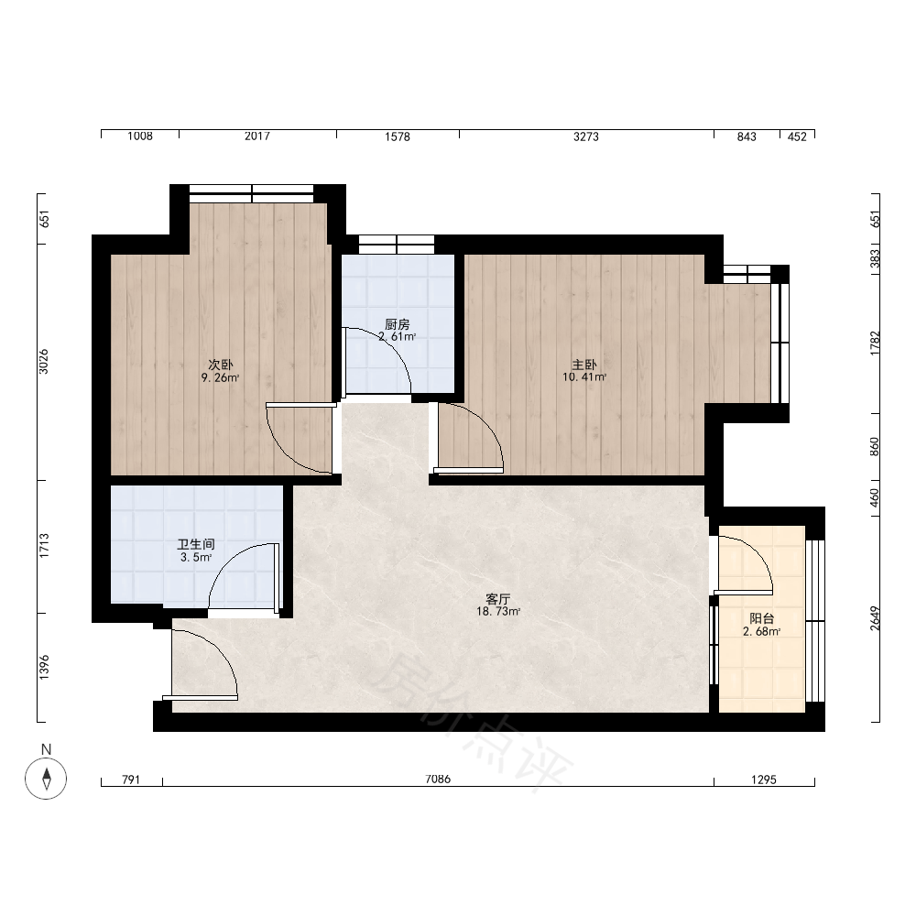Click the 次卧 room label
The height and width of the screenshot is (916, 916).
221,365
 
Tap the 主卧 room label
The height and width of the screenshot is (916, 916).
584,365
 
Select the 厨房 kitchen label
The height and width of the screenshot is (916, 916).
398,324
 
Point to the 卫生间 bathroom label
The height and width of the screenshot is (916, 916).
196,544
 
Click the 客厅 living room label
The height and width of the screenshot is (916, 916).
498,599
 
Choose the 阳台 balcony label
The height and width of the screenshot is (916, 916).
762,618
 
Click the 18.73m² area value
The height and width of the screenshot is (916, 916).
498,612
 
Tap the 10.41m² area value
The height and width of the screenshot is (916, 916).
584,377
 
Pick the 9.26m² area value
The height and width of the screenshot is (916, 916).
221,378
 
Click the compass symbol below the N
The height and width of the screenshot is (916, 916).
46,779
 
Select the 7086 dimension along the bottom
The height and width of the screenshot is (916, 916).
438,780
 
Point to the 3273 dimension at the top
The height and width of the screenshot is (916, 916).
586,136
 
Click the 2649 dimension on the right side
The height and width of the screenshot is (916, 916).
875,618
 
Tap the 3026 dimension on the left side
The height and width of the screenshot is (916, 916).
44,362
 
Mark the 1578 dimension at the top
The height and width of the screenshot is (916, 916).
398,136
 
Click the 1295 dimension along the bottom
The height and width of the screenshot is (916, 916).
764,780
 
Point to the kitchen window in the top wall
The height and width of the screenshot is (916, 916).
397,245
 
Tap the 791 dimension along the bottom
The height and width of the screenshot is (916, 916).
131,780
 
